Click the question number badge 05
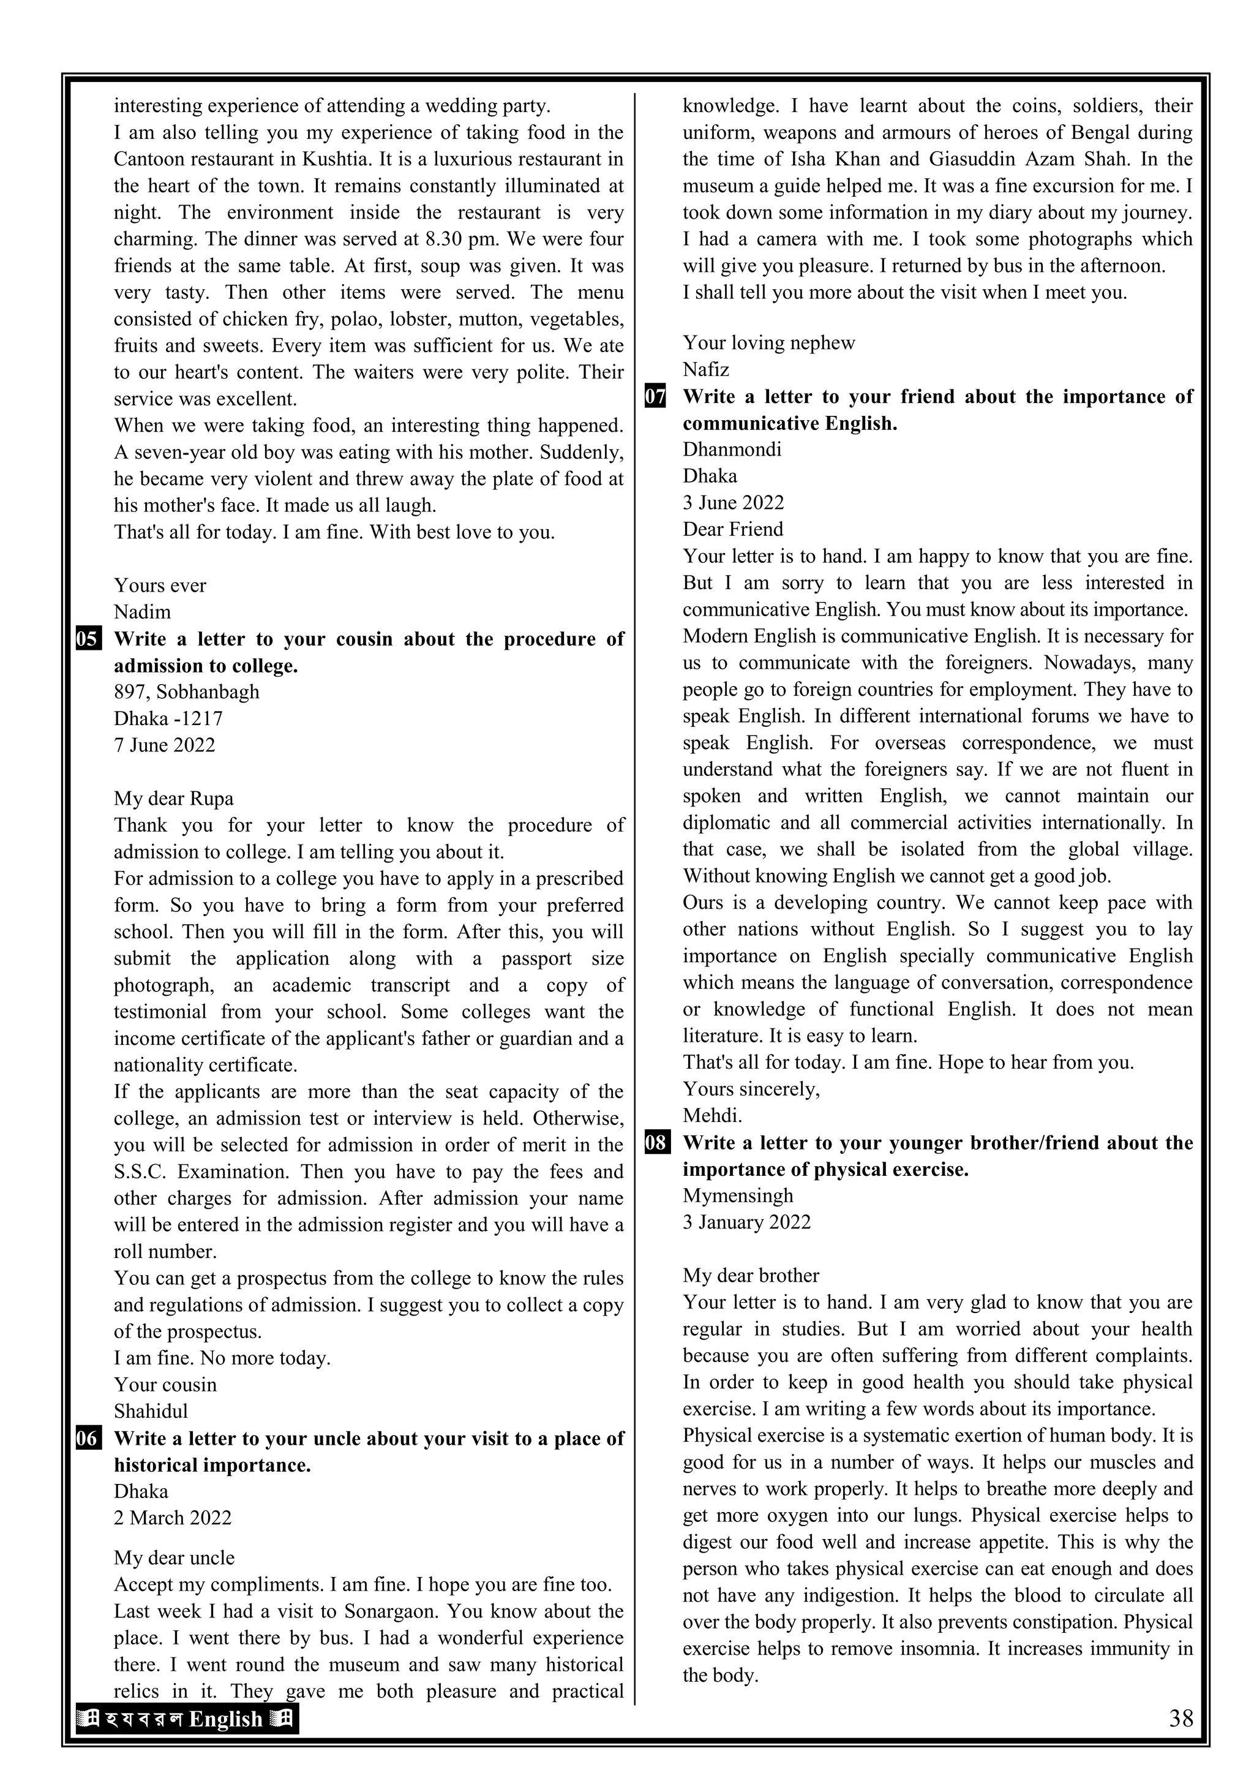pyautogui.click(x=88, y=640)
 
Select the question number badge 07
pyautogui.click(x=656, y=397)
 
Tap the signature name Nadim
pyautogui.click(x=142, y=612)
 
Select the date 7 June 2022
pyautogui.click(x=165, y=745)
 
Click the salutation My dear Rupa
pyautogui.click(x=174, y=799)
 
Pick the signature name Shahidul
pyautogui.click(x=151, y=1411)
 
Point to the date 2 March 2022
pyautogui.click(x=172, y=1518)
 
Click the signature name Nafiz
pyautogui.click(x=706, y=369)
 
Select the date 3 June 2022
pyautogui.click(x=733, y=503)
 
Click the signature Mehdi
pyautogui.click(x=712, y=1115)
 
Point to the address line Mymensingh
pyautogui.click(x=737, y=1195)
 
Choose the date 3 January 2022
pyautogui.click(x=746, y=1222)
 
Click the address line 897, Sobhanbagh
pyautogui.click(x=186, y=692)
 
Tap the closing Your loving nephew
pyautogui.click(x=768, y=343)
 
